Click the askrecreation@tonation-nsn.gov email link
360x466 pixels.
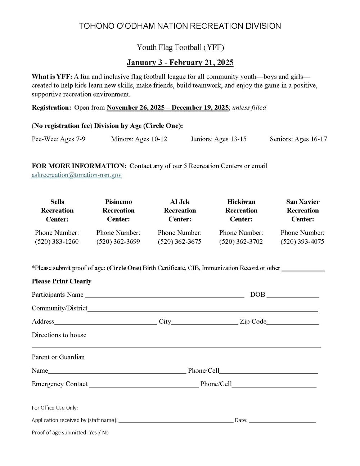coord(77,175)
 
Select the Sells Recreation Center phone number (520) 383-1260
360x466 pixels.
coord(57,242)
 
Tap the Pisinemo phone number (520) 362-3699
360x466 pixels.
coord(118,242)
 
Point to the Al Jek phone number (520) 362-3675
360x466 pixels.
coord(179,242)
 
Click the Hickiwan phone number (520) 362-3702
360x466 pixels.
coord(241,242)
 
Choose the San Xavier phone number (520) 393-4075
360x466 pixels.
coord(302,242)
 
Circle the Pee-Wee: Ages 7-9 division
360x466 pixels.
coord(58,139)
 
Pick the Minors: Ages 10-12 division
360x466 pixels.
coord(139,139)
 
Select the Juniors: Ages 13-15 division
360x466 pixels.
coord(218,139)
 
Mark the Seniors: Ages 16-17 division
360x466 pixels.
coord(298,139)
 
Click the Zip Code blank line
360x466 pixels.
coord(293,322)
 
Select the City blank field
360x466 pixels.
coord(204,322)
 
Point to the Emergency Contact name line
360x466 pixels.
coord(144,385)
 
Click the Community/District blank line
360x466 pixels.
coord(202,309)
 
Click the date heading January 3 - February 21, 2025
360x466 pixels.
coord(180,63)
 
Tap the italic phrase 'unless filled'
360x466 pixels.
coord(249,108)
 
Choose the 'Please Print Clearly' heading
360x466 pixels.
coord(62,281)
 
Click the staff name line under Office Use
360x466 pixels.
coord(176,421)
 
